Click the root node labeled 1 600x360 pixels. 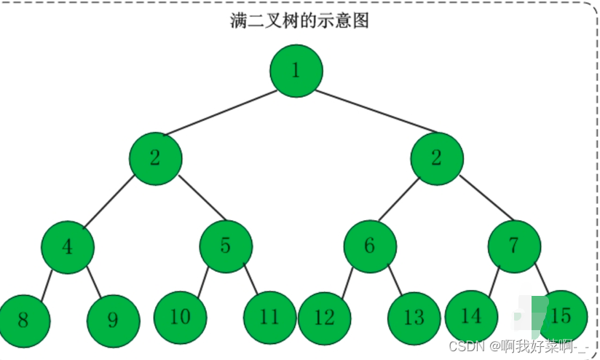tap(296, 71)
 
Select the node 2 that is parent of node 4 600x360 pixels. tap(155, 159)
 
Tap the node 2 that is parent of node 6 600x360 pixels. tap(436, 159)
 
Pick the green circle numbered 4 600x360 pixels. tap(68, 246)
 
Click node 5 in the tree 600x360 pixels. tap(226, 246)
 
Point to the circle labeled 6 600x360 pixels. tap(370, 246)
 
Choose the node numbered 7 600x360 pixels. tap(514, 246)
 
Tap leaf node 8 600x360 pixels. tap(24, 319)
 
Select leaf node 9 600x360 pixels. tap(113, 319)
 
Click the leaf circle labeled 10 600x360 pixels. tap(180, 317)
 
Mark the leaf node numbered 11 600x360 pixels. tap(269, 317)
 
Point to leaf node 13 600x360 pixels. tap(414, 318)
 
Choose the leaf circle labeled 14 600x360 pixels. tap(472, 316)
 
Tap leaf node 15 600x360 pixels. tap(561, 316)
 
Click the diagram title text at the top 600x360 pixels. tap(299, 20)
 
